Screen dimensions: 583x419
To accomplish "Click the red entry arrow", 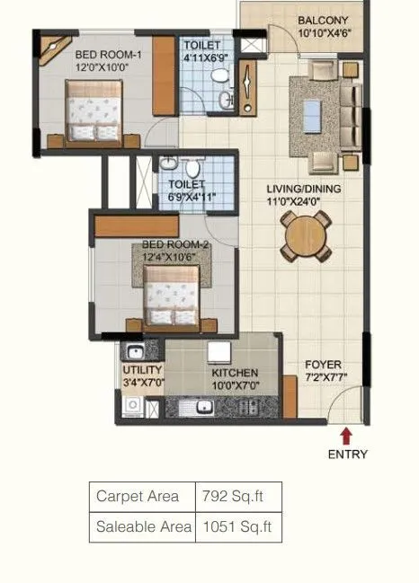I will [346, 436].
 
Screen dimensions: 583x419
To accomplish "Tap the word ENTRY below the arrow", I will [346, 454].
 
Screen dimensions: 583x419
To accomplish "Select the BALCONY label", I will [325, 20].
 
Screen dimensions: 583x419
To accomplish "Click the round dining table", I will [300, 239].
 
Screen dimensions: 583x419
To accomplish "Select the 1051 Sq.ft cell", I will [238, 527].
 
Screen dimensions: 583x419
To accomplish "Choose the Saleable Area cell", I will [142, 527].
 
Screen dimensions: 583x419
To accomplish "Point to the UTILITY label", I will [142, 370].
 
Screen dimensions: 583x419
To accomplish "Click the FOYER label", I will [322, 365].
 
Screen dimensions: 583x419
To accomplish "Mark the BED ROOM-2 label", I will [175, 245].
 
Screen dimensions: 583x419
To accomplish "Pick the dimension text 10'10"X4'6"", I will [325, 35].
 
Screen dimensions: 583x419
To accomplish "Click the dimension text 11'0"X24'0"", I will [300, 203].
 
